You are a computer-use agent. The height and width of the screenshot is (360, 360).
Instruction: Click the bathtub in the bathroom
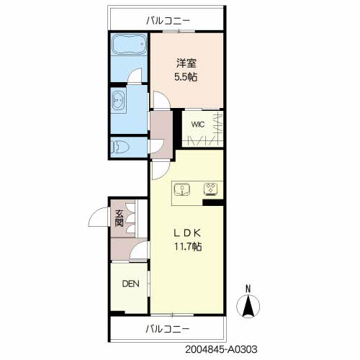coord(129,50)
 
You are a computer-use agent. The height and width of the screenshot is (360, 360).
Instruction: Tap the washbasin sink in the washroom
coord(119,99)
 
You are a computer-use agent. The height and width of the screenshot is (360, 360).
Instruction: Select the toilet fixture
coord(122,146)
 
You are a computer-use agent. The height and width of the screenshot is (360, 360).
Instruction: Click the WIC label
coord(198,124)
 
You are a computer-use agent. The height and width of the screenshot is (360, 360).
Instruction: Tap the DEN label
coord(130,284)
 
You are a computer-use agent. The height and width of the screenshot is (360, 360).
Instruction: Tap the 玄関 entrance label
coord(119,218)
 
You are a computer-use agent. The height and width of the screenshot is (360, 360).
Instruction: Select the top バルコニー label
coord(167,21)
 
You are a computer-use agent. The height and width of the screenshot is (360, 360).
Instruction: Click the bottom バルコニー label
coord(167,329)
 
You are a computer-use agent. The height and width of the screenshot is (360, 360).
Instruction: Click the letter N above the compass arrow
coord(248,289)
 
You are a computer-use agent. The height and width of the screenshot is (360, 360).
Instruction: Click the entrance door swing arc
coord(98,215)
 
